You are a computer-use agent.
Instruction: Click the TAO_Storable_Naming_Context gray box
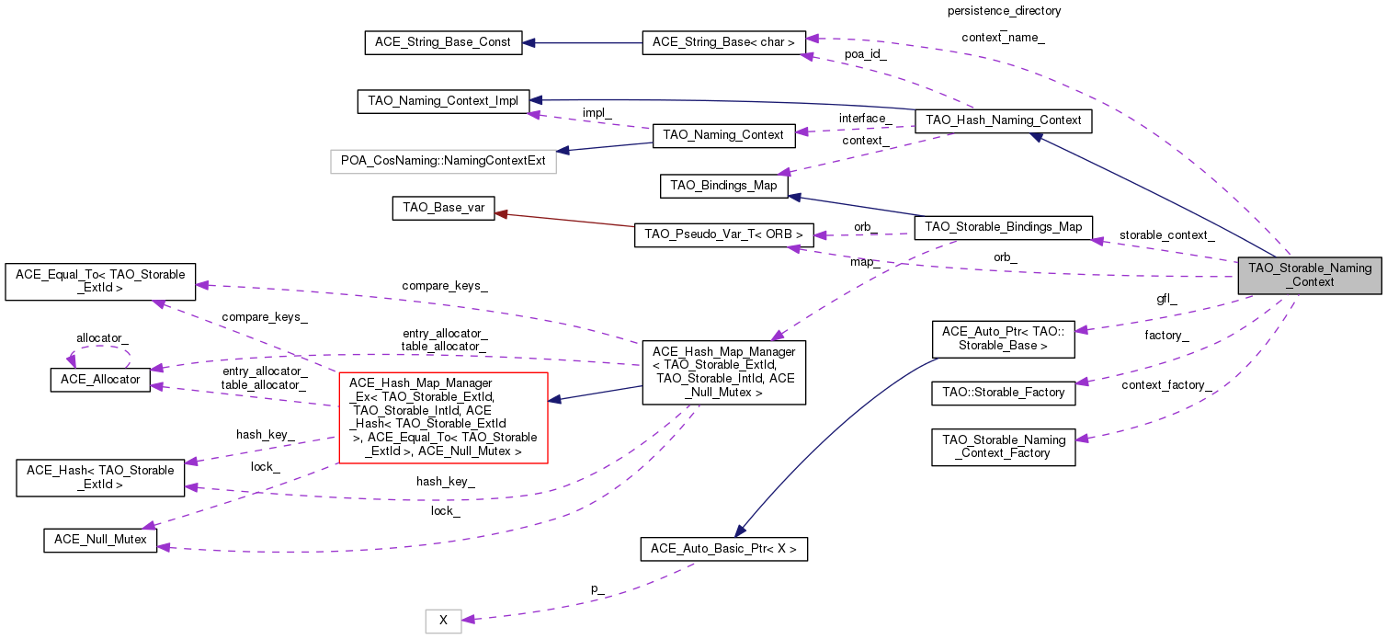(1310, 275)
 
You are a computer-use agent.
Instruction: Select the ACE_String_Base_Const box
(443, 42)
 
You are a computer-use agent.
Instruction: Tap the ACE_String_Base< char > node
(724, 42)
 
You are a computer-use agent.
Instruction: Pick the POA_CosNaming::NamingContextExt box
(443, 160)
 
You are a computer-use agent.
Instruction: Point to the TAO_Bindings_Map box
(723, 186)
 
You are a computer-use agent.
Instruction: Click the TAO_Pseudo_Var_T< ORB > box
(723, 235)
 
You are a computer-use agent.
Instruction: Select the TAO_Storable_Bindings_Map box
(1004, 226)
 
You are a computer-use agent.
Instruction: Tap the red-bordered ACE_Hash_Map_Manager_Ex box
(443, 417)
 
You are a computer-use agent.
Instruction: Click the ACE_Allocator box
(98, 379)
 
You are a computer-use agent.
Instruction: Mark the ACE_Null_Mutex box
(100, 540)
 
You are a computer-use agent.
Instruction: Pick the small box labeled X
(443, 621)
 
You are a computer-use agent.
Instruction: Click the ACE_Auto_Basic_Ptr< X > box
(723, 550)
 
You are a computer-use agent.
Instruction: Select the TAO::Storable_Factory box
(1003, 393)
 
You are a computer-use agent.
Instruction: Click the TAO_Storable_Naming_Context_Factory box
(1003, 447)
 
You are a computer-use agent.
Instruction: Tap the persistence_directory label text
(1004, 11)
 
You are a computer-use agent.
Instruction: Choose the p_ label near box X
(597, 588)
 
